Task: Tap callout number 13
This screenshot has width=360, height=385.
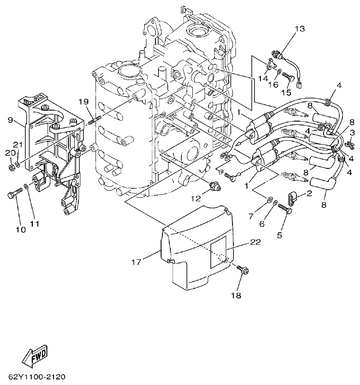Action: click(300, 29)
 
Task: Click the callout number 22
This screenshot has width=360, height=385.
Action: click(255, 242)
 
